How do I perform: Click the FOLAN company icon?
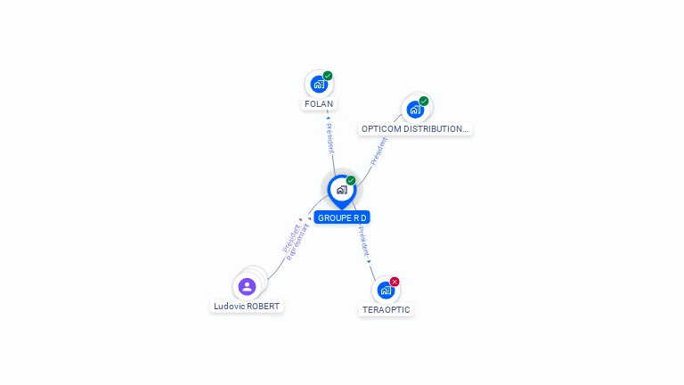point(318,85)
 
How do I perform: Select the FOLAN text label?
point(319,104)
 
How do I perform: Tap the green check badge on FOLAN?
point(328,76)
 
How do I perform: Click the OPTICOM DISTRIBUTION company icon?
point(415,110)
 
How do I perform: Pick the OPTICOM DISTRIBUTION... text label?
point(414,129)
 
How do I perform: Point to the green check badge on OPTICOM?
point(424,101)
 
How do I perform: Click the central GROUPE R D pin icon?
point(341,190)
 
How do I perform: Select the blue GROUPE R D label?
point(342,217)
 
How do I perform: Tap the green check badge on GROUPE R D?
point(351,180)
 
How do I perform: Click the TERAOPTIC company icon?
point(386,291)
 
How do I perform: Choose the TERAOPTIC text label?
point(387,310)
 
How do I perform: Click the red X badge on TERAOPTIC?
point(395,282)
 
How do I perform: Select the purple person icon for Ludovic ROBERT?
point(247,287)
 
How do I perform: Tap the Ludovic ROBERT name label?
point(247,307)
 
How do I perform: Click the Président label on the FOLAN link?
point(329,139)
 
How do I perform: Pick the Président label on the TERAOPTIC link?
point(363,242)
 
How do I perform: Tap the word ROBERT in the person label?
point(263,307)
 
